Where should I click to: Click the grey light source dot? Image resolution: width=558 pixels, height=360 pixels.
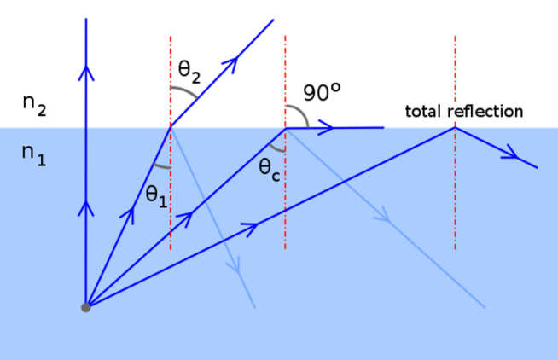pos(85,307)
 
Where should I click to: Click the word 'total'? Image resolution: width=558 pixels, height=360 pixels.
pos(426,111)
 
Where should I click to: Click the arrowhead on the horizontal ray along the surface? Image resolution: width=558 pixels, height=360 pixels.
pos(327,128)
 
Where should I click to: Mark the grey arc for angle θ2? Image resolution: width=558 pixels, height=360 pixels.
pos(183,92)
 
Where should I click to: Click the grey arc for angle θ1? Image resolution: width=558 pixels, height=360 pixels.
pos(160,164)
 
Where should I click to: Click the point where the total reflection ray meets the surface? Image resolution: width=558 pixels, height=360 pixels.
pos(455,128)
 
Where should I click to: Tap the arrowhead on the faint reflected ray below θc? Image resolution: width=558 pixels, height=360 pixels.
pos(387,220)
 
